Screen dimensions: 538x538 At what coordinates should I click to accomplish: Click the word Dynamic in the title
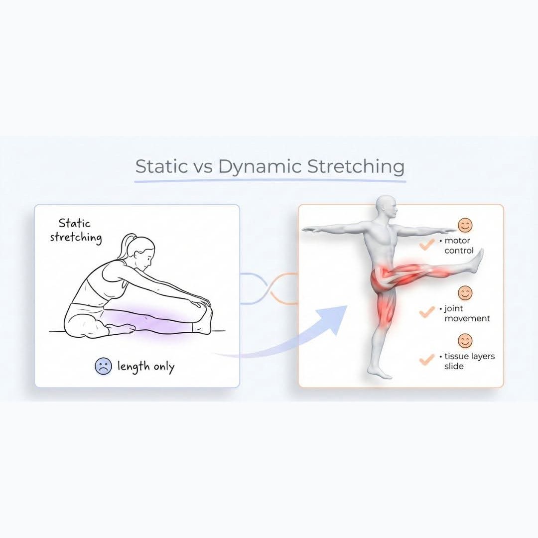(260, 167)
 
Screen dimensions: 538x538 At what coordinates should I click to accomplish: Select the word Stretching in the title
(355, 167)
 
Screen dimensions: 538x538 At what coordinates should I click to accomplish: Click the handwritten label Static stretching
(76, 231)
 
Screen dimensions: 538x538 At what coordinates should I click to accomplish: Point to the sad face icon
(103, 367)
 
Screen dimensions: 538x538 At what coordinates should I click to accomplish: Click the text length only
(146, 367)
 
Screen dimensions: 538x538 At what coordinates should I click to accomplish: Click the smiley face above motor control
(465, 226)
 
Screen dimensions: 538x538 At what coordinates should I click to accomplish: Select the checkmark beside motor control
(427, 245)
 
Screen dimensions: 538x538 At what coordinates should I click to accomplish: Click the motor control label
(458, 246)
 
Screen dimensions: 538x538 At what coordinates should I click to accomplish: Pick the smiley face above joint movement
(465, 293)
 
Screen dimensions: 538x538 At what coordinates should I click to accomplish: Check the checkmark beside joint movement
(427, 312)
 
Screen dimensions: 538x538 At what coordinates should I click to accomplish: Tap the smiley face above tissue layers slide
(465, 341)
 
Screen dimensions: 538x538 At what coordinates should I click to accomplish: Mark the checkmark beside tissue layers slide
(427, 360)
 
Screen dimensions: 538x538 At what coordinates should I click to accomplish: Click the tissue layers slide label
(466, 361)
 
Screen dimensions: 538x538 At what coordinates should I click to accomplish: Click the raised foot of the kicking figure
(478, 260)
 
